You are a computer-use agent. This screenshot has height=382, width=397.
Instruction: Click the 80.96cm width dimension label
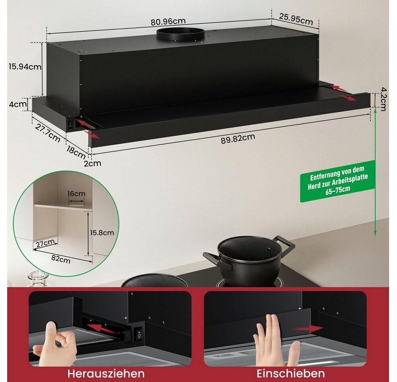tap(168, 21)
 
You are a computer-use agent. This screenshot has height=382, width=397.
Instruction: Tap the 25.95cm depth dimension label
tap(296, 19)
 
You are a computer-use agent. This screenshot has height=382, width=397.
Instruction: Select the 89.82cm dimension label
tap(238, 138)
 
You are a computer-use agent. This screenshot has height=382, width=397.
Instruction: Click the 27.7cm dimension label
tap(48, 133)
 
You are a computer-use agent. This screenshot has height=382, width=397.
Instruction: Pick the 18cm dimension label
tap(76, 150)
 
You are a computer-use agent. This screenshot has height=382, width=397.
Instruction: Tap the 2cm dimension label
tap(92, 163)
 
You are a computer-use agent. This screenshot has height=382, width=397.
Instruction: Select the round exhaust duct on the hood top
tap(180, 35)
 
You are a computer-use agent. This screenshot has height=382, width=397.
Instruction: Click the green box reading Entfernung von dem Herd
tap(337, 181)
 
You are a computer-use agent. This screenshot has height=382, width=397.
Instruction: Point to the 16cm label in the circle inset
tap(76, 194)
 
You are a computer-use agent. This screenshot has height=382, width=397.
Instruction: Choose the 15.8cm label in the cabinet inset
tap(102, 232)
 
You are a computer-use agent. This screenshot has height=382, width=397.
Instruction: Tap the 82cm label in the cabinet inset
tap(61, 259)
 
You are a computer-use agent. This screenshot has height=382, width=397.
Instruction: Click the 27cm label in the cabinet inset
tap(45, 243)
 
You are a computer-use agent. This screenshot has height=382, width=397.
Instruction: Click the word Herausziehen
tap(106, 373)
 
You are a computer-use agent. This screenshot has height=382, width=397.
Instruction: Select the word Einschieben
tap(291, 373)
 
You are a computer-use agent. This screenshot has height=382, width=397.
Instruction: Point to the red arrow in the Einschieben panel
tap(307, 329)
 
